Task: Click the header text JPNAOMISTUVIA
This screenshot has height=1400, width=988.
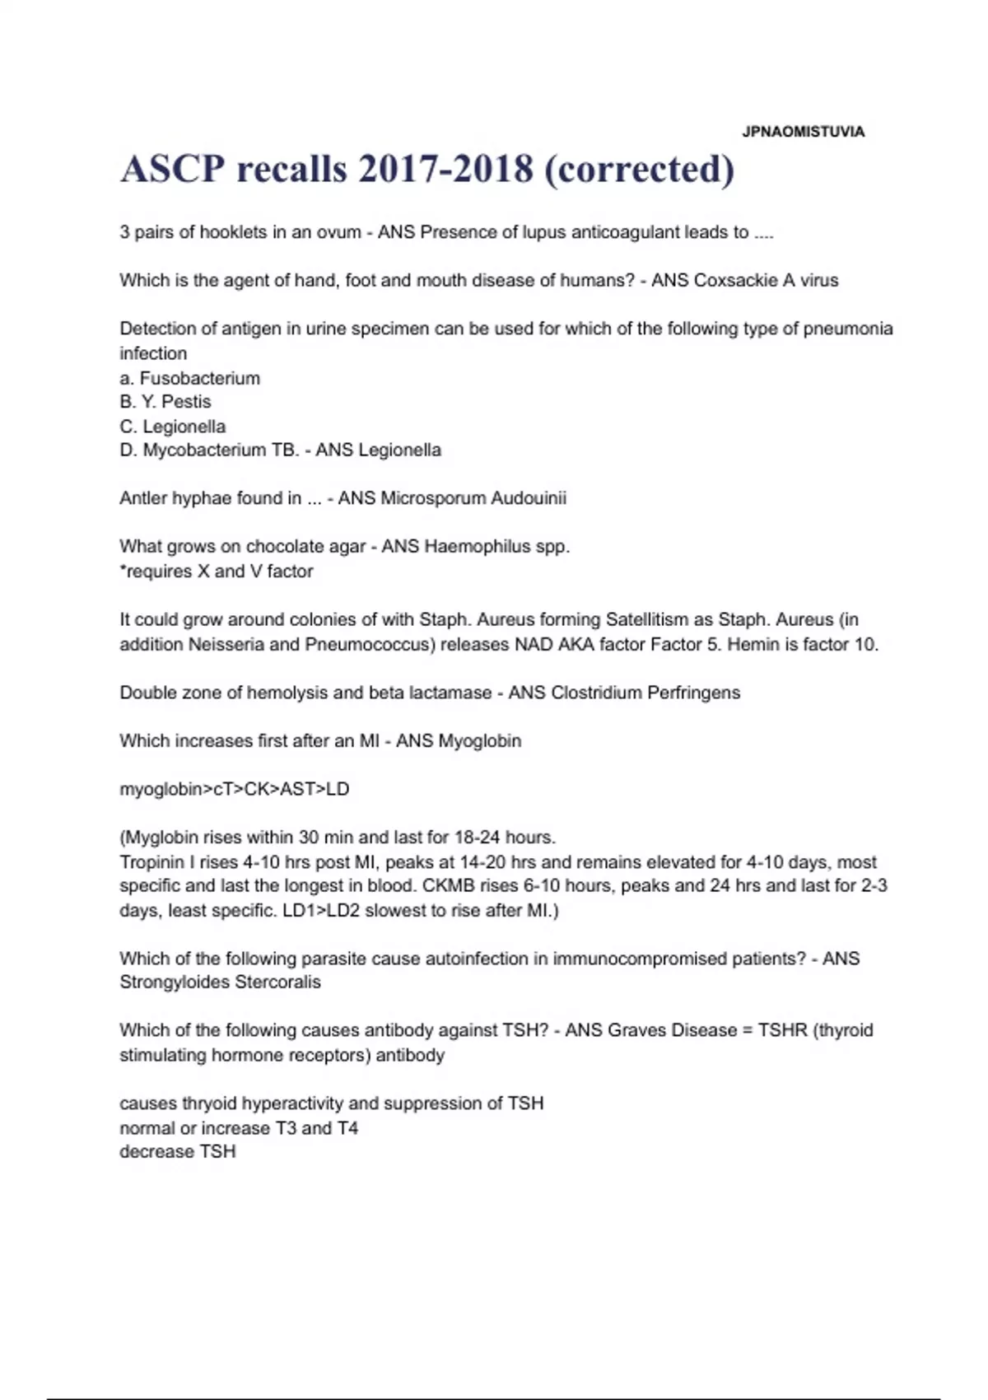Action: coord(803,132)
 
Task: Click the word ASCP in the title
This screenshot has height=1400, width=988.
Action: coord(172,170)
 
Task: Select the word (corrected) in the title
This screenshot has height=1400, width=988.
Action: coord(639,170)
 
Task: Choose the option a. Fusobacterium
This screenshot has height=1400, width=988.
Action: coord(189,378)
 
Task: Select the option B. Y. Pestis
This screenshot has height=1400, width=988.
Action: coord(165,402)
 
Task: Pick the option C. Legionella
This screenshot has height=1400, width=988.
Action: coord(172,427)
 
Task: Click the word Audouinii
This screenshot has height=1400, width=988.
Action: coord(529,498)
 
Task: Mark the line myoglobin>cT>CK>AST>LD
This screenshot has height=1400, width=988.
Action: coord(235,789)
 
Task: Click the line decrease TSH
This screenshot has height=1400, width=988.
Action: coord(178,1151)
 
